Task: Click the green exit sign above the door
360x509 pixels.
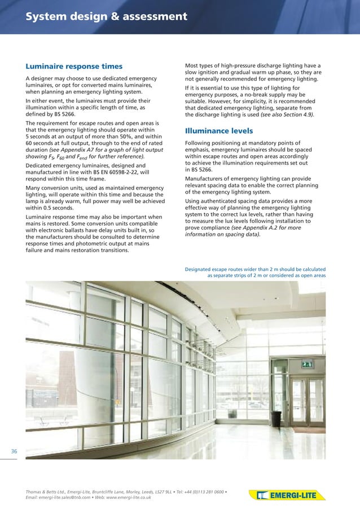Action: click(308, 366)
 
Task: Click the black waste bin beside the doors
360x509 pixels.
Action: click(276, 418)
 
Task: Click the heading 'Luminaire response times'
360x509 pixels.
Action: click(74, 66)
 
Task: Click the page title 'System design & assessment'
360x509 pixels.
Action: click(106, 17)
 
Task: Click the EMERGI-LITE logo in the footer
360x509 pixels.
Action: click(288, 495)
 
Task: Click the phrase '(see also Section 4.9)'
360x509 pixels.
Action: click(287, 115)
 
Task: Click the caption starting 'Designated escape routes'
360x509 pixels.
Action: click(255, 273)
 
